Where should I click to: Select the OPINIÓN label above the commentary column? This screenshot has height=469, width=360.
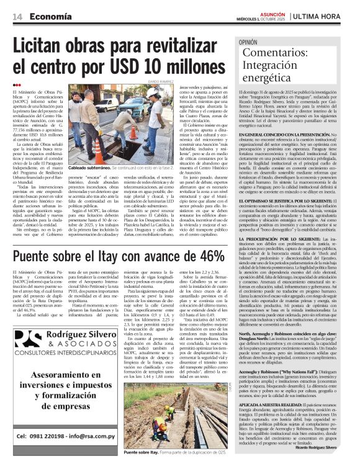[248, 42]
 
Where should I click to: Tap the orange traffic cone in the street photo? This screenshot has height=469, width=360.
[133, 132]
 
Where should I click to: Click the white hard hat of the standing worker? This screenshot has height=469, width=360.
[153, 92]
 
